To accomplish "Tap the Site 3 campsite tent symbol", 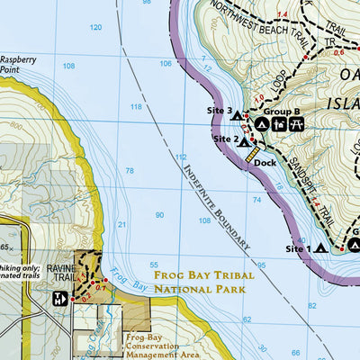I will coord(237,115).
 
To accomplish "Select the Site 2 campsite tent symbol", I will coord(243,141).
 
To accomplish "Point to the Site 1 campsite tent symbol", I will coord(320,248).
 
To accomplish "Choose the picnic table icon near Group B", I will coord(294,123).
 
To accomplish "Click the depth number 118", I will coord(136,107).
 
